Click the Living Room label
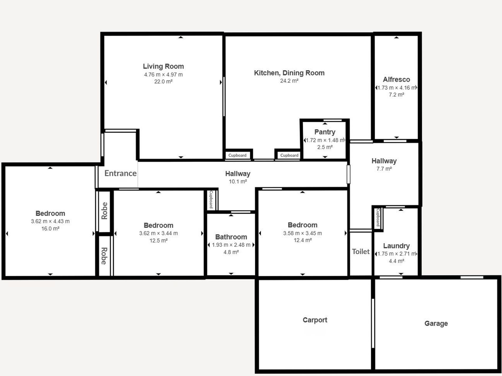[163, 66]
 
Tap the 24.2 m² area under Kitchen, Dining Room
[289, 81]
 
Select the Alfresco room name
[396, 79]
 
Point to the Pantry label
[325, 132]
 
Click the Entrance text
[120, 173]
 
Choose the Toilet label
[361, 251]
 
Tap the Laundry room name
[396, 246]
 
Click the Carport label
[315, 320]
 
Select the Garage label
[436, 323]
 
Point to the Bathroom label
[231, 237]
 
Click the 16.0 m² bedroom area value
[50, 229]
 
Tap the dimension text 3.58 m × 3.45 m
[302, 233]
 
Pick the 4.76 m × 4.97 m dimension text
[163, 75]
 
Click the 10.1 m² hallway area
[238, 182]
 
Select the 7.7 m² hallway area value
[384, 169]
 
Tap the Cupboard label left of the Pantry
[289, 155]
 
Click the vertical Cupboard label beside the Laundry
[378, 218]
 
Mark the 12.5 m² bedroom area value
[158, 240]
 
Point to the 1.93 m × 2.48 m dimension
[231, 245]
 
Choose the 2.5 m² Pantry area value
[325, 147]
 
